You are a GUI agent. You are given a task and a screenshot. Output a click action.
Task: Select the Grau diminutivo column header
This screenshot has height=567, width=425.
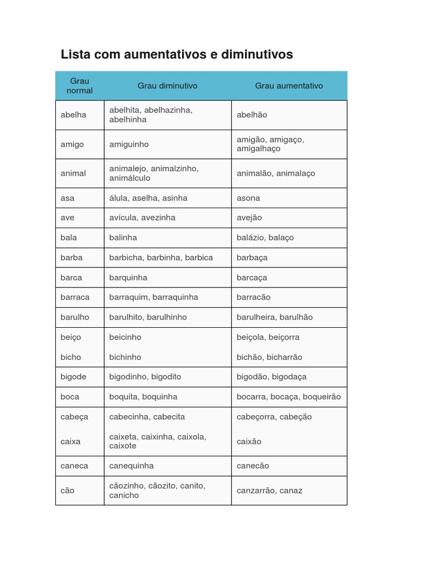pyautogui.click(x=167, y=86)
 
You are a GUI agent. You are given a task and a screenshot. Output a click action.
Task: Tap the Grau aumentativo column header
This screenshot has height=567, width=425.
pyautogui.click(x=289, y=86)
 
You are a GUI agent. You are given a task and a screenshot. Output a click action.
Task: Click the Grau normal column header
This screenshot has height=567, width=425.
pyautogui.click(x=80, y=86)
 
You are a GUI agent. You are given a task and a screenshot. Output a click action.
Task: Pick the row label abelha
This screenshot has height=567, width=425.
pyautogui.click(x=74, y=115)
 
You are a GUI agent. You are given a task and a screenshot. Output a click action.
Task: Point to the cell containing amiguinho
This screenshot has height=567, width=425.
pyautogui.click(x=129, y=145)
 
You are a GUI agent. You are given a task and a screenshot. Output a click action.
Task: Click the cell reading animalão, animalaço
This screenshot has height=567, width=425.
pyautogui.click(x=276, y=173)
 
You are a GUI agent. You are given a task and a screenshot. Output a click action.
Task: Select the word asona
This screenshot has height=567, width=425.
pyautogui.click(x=248, y=198)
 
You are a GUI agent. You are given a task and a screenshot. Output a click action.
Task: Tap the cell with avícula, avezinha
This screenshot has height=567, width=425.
pyautogui.click(x=142, y=218)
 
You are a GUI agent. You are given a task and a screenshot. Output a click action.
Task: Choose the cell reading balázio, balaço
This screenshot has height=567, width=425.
pyautogui.click(x=265, y=238)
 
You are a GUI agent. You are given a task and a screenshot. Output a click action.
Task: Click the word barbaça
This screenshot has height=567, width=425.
pyautogui.click(x=252, y=257)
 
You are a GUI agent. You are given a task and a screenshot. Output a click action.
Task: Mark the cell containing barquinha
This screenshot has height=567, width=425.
pyautogui.click(x=128, y=277)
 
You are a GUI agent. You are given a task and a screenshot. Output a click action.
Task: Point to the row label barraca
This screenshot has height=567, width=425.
pyautogui.click(x=75, y=297)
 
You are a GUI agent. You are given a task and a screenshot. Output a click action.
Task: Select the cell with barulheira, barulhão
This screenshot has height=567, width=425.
pyautogui.click(x=274, y=317)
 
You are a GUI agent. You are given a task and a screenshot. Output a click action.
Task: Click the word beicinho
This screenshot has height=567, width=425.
pyautogui.click(x=125, y=337)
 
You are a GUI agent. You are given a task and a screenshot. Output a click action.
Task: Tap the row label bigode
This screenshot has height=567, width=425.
pyautogui.click(x=74, y=377)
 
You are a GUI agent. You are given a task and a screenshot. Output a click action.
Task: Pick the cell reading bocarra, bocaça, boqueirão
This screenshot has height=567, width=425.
pyautogui.click(x=288, y=397)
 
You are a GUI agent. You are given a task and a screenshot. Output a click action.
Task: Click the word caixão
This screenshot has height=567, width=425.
pyautogui.click(x=249, y=441)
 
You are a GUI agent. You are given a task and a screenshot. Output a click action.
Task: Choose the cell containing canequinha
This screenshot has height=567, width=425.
pyautogui.click(x=131, y=466)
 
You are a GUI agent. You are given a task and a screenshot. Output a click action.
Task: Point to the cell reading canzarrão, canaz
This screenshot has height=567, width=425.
pyautogui.click(x=269, y=491)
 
